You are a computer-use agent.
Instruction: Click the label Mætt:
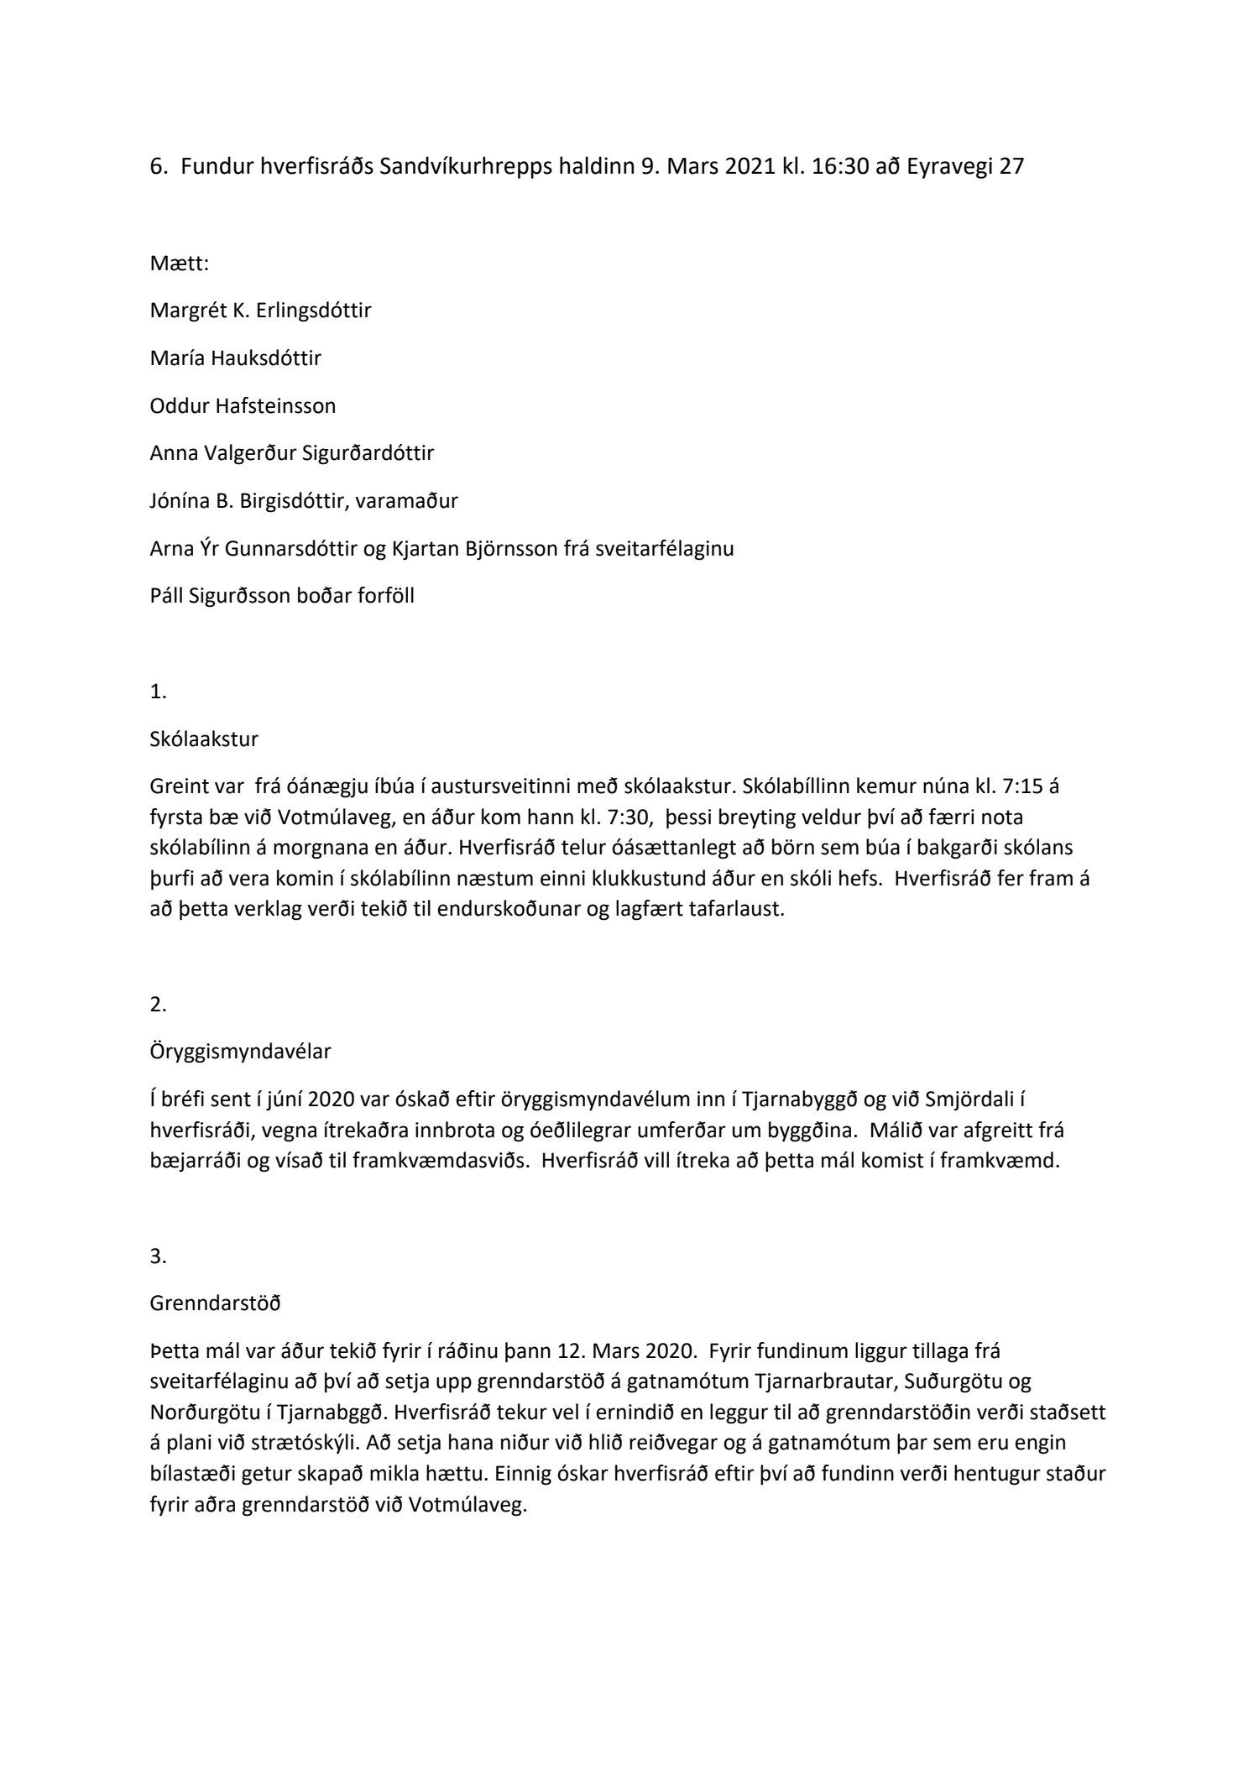tap(179, 264)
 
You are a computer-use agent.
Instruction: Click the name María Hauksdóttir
tap(235, 358)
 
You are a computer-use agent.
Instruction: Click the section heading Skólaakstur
tap(204, 739)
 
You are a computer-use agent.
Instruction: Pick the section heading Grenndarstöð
tap(215, 1303)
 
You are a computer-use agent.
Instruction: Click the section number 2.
tap(158, 1004)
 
